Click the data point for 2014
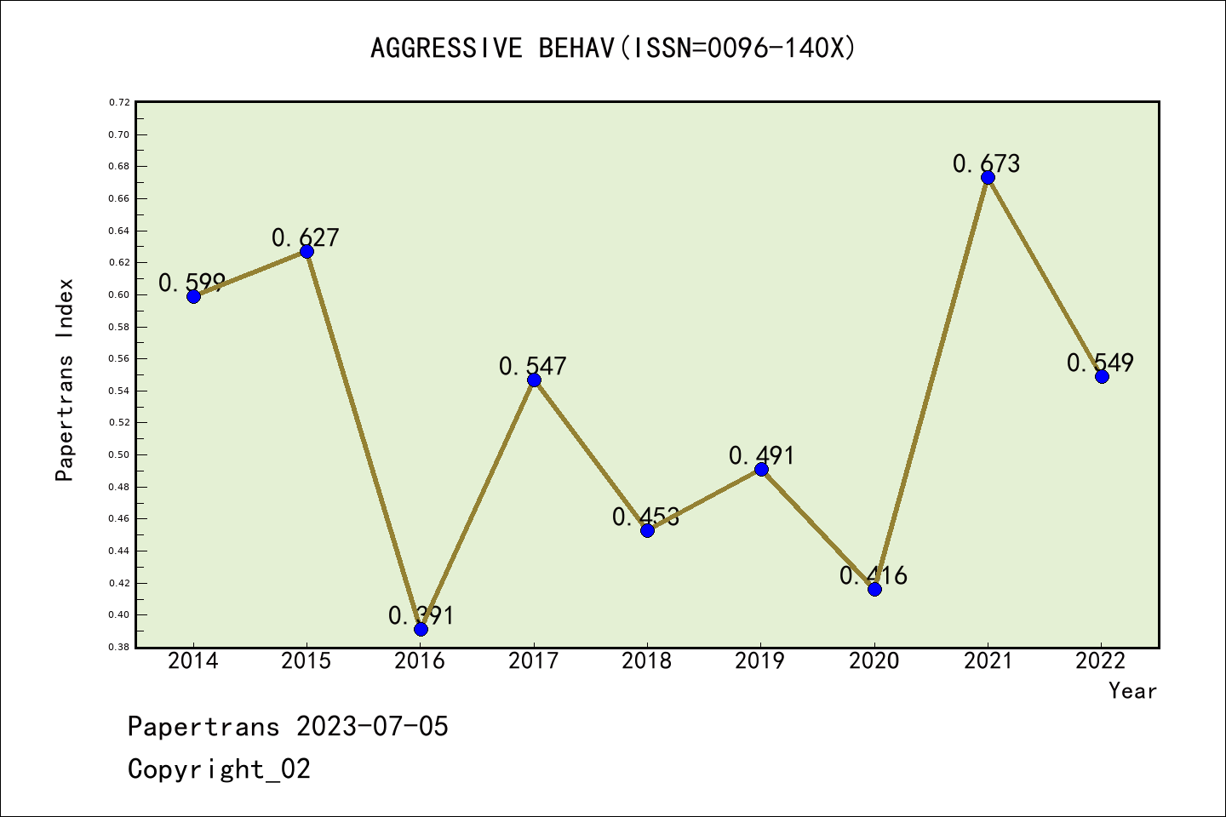[193, 296]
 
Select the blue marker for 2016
[421, 629]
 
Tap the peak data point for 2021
[988, 177]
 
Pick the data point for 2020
[874, 589]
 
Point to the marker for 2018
[647, 530]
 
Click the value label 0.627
[306, 238]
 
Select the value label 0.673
[986, 163]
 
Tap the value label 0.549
[1100, 363]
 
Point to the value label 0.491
[761, 456]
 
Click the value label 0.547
[533, 367]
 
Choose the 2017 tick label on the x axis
[534, 661]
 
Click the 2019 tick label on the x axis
[760, 661]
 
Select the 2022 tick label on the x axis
[1101, 661]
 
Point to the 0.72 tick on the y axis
[119, 102]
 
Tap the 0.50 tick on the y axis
[119, 454]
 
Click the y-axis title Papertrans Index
[65, 380]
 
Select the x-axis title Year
[1132, 691]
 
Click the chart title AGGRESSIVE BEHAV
[613, 48]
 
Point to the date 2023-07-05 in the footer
[372, 727]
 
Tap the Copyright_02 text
[219, 769]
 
